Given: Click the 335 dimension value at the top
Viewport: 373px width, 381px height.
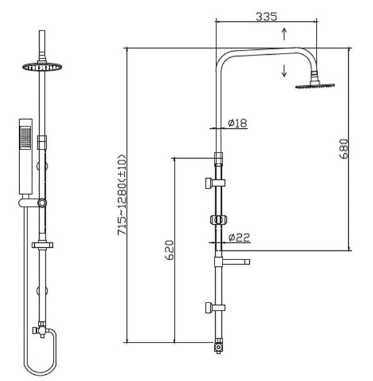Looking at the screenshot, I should click(x=265, y=17).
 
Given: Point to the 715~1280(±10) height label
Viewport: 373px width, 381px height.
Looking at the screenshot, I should click(x=122, y=194).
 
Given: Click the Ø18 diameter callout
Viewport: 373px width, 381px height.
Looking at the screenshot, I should click(x=237, y=123).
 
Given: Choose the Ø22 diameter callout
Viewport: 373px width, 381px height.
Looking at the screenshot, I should click(x=238, y=237).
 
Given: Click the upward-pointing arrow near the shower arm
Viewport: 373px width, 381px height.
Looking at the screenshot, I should click(x=284, y=34).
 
